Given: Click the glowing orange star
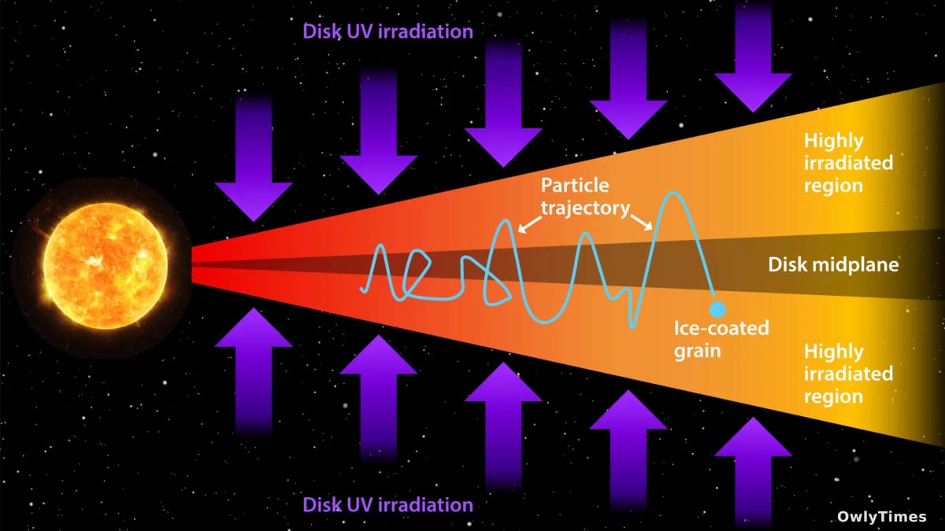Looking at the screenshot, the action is [x=106, y=266].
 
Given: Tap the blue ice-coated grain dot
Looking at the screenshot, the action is [x=717, y=309].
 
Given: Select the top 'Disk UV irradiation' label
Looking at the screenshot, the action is [x=387, y=31].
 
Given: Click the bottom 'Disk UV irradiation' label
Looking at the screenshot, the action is [x=387, y=504].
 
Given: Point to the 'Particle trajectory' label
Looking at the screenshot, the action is [x=585, y=197].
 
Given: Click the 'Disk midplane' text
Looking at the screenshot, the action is [x=833, y=264].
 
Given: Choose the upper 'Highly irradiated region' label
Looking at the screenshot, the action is [x=848, y=163].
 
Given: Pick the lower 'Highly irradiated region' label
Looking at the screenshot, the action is [x=848, y=374].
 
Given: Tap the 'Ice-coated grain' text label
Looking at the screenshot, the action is [x=721, y=339].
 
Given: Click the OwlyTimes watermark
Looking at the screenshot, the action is [x=882, y=517].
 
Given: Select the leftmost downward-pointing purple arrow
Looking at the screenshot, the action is [x=254, y=156].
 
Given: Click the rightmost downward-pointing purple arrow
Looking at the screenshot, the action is [x=753, y=56].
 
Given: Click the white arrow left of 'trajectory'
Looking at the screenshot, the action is [x=529, y=225].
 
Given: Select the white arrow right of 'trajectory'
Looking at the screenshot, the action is [x=642, y=223].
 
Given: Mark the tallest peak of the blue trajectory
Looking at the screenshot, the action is [x=673, y=194].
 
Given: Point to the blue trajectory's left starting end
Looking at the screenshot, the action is [x=361, y=290].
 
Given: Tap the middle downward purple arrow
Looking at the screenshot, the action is [x=503, y=102].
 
